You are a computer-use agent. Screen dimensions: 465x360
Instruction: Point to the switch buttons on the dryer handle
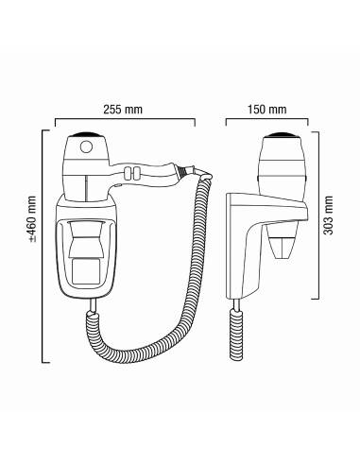tap(132, 173)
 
